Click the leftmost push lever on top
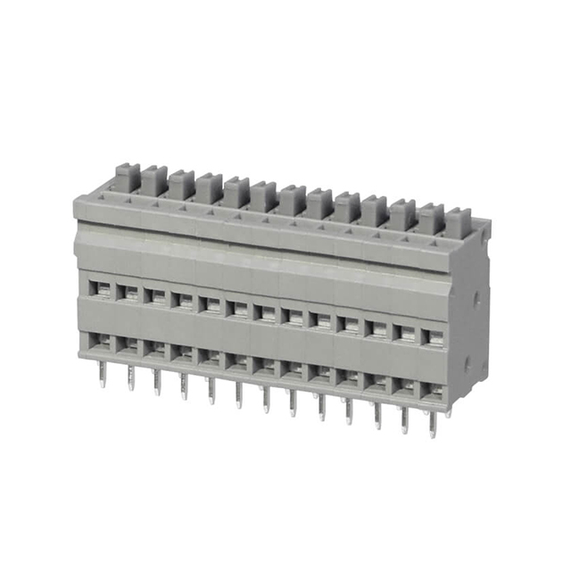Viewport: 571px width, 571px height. coord(126,177)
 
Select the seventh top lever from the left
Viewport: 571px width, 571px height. coord(291,199)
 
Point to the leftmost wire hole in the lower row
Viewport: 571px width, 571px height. coord(102,340)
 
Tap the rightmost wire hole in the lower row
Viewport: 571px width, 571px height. coord(433,390)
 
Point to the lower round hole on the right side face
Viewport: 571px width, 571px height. coord(467,361)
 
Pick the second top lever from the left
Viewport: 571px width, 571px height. coord(153,180)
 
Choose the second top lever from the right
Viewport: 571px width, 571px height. coord(430,219)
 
